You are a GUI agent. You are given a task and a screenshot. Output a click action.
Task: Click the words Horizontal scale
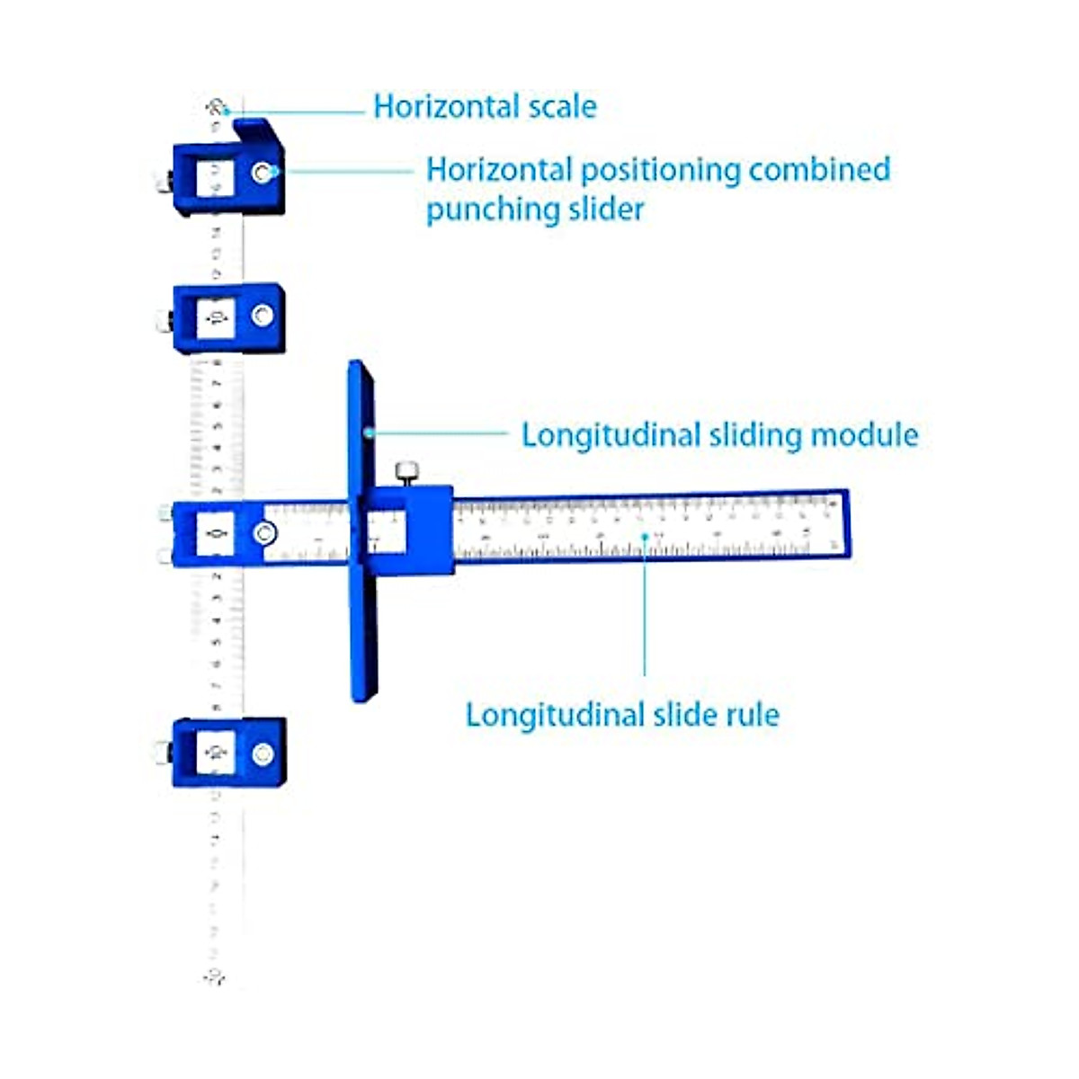tap(485, 107)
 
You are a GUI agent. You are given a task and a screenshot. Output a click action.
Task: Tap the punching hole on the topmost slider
tap(263, 173)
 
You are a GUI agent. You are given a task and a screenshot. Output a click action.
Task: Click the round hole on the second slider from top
tap(263, 316)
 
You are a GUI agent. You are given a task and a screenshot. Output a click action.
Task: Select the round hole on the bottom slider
tap(263, 754)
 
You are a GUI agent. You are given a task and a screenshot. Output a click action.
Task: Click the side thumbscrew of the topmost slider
tap(163, 183)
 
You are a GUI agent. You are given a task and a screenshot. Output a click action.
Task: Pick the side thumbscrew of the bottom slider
tap(163, 753)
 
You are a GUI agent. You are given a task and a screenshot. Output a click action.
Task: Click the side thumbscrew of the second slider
tap(163, 321)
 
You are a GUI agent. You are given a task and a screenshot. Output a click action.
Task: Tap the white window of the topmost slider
tap(216, 178)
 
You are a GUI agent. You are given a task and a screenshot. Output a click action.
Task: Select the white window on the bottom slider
tap(216, 752)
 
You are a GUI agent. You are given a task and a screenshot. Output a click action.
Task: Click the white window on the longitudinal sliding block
tap(387, 532)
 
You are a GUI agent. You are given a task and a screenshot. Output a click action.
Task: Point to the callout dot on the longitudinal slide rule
tap(645, 537)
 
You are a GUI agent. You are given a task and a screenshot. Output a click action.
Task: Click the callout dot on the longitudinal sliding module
tap(368, 433)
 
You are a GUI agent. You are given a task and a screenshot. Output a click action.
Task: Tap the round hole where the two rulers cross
tap(264, 534)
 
